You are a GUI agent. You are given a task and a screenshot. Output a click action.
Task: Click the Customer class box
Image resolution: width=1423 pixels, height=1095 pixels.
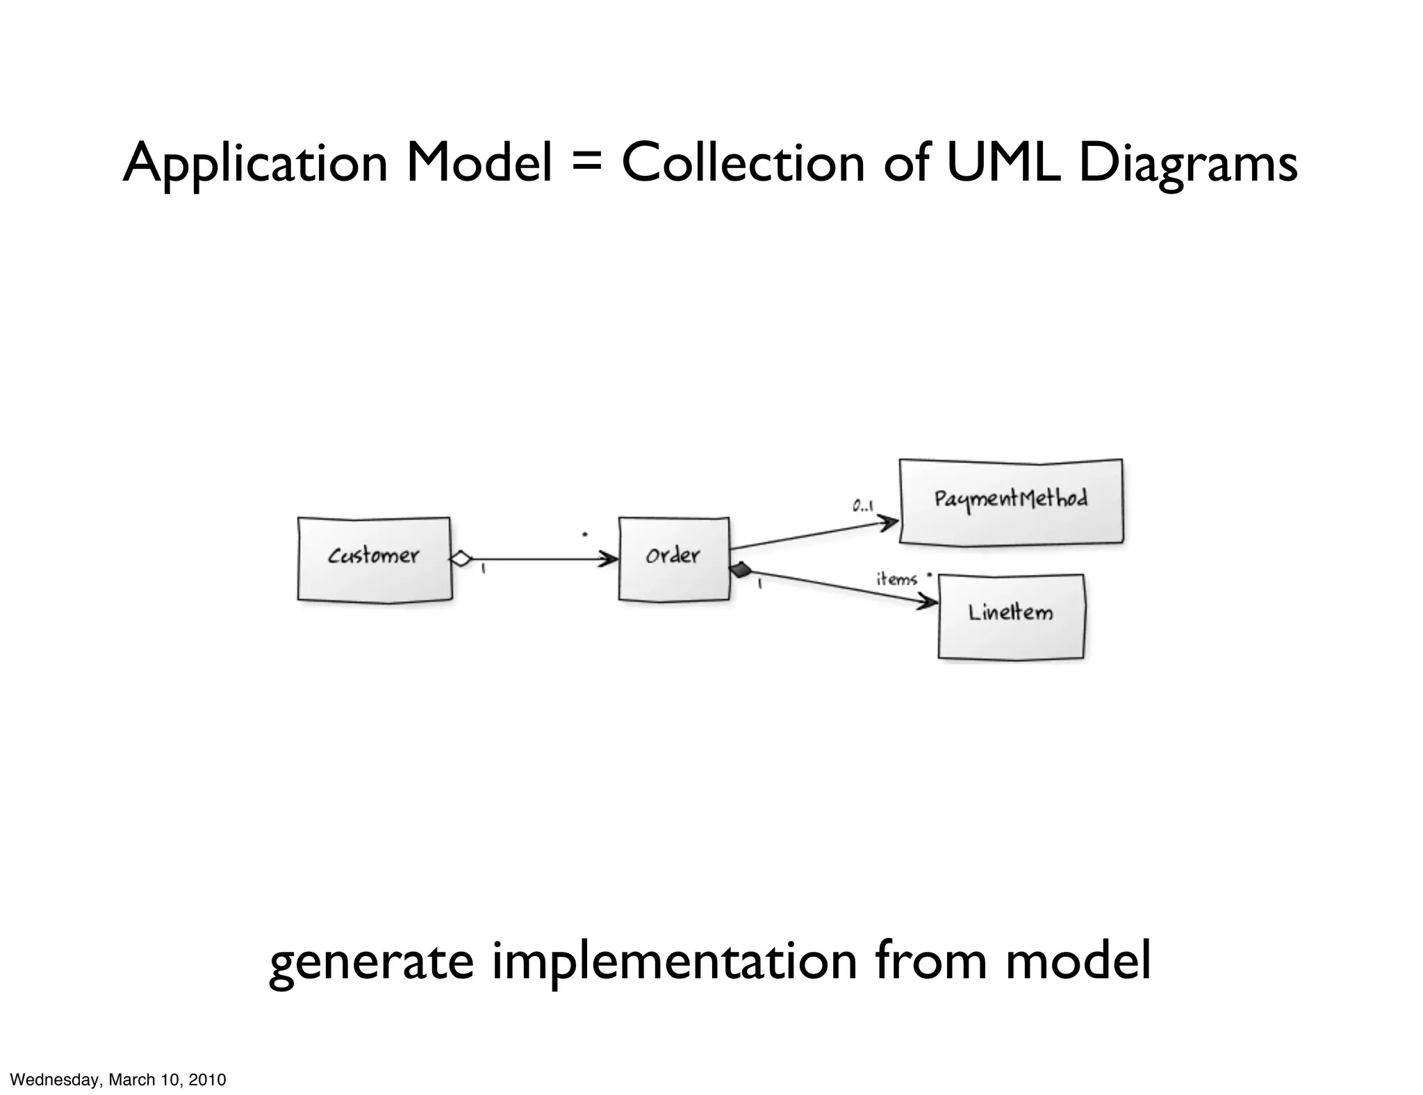click(x=375, y=559)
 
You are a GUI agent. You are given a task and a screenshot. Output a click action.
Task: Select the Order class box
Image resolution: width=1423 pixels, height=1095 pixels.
click(x=674, y=559)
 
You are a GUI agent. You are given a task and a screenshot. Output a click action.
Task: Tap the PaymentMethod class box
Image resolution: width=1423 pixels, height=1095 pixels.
click(x=1011, y=501)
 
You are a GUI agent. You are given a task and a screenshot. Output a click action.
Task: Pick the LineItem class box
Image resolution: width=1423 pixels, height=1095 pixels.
click(x=1011, y=616)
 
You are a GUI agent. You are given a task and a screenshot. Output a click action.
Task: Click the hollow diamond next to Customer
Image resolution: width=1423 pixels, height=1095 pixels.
click(x=461, y=559)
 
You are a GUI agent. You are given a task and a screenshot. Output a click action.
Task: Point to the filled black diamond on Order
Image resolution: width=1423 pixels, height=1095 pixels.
click(x=741, y=570)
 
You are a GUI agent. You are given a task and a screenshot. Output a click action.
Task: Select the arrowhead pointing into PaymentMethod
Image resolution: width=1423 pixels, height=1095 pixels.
click(x=889, y=521)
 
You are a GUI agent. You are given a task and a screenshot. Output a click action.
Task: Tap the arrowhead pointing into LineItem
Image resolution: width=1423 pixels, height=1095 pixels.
click(x=928, y=602)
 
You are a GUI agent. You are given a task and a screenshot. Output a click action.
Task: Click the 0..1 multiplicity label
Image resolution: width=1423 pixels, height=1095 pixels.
click(x=863, y=507)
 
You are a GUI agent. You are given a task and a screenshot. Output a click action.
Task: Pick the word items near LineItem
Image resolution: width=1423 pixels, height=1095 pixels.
click(x=896, y=579)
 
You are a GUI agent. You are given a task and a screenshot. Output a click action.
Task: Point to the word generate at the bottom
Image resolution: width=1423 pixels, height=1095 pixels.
click(x=371, y=962)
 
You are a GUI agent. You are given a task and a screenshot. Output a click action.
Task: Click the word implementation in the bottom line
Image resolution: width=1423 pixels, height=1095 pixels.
click(x=674, y=962)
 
